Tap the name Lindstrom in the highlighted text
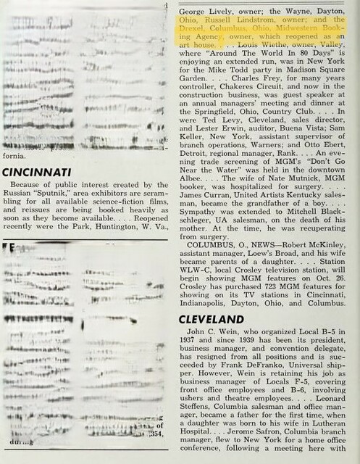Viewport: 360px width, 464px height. coord(256,21)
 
